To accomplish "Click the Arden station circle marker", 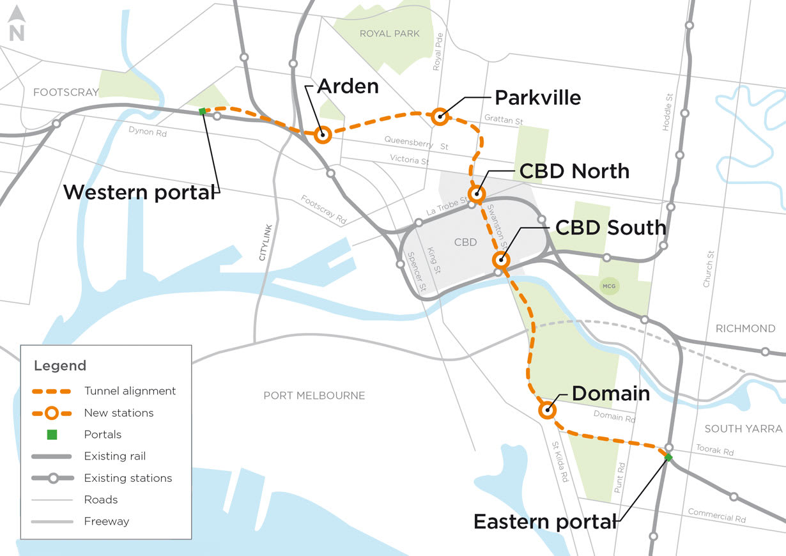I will (x=323, y=134).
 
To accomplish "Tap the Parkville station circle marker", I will (x=439, y=116).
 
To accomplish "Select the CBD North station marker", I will (x=476, y=193).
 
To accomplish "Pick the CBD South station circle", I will (x=501, y=259).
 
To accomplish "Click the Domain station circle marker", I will (x=546, y=410).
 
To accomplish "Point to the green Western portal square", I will (x=203, y=111).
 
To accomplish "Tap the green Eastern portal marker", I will (x=668, y=458).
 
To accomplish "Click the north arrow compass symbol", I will (x=17, y=25).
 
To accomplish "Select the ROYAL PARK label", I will (x=390, y=33).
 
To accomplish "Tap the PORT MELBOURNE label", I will (x=314, y=396).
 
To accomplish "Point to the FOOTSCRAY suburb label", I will (x=66, y=92).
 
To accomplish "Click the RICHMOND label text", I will (x=745, y=328).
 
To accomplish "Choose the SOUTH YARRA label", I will (x=742, y=428).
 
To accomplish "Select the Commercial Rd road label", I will (x=716, y=516).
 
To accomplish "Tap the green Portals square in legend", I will (x=52, y=435).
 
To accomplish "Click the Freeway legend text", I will (x=107, y=521).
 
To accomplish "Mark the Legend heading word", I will (x=60, y=366).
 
